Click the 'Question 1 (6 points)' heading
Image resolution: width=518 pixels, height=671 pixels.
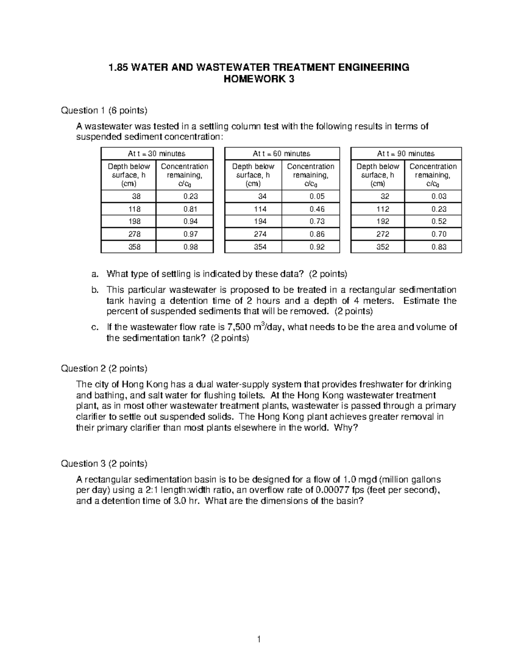(104, 111)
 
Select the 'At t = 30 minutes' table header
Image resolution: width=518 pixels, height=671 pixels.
(157, 154)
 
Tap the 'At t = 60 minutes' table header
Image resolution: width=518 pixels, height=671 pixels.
(281, 154)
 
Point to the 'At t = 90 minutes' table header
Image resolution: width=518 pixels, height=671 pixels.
(406, 154)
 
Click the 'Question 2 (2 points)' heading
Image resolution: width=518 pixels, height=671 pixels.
(104, 369)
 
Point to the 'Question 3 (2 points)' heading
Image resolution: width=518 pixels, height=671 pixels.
(104, 464)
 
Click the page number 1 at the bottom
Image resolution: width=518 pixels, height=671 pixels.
(259, 639)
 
